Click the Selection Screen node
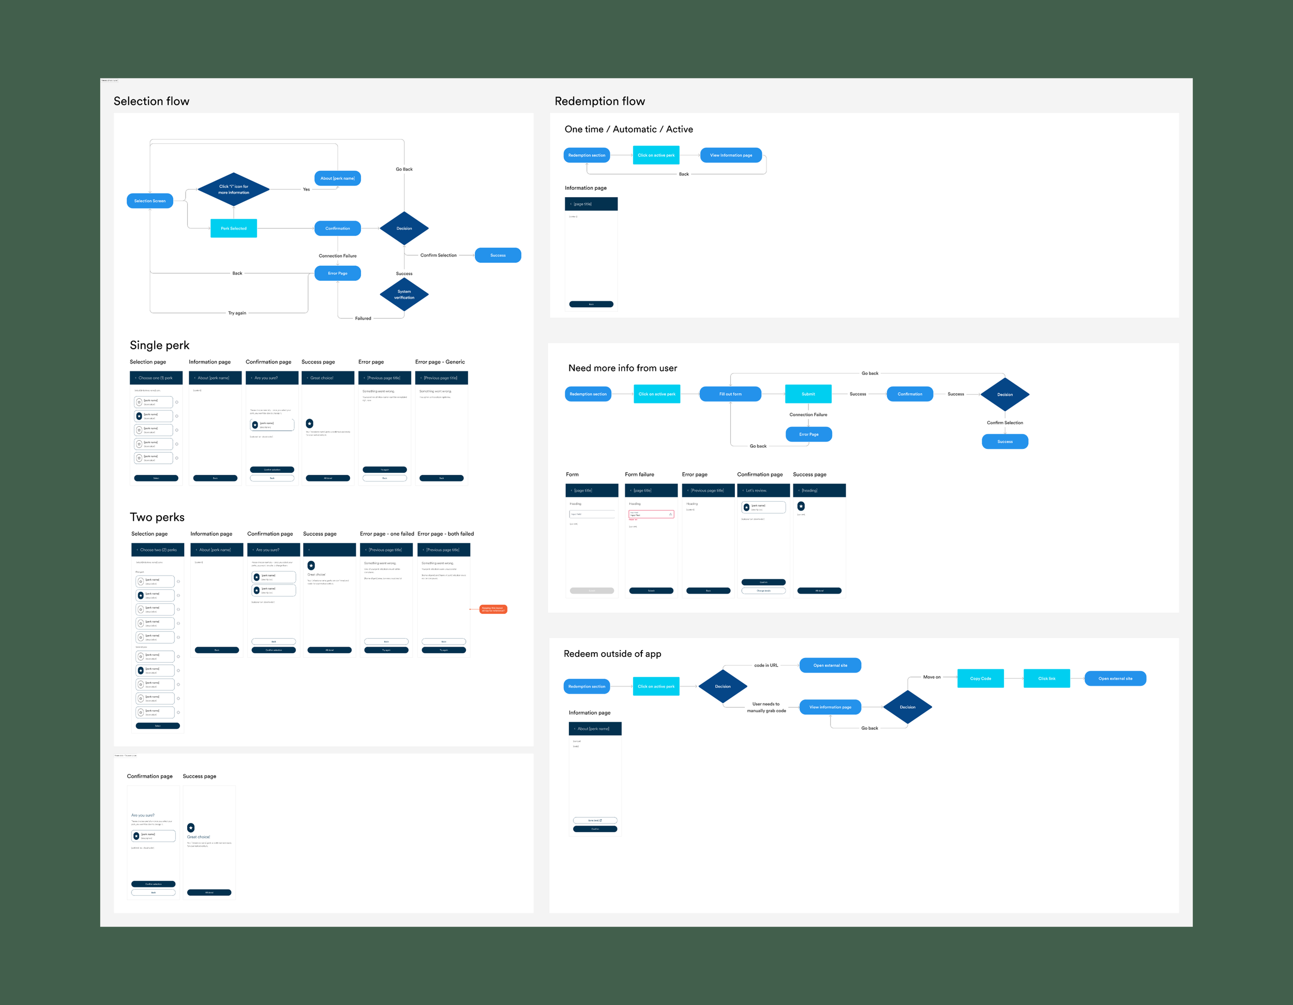click(x=150, y=201)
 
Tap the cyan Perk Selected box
click(x=234, y=228)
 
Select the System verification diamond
click(x=404, y=294)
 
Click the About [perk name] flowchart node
click(x=337, y=178)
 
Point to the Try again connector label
click(x=237, y=313)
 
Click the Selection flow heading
click(x=152, y=101)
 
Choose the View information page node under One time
click(x=731, y=155)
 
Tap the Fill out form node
click(x=730, y=394)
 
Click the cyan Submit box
click(x=808, y=394)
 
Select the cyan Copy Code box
click(x=981, y=678)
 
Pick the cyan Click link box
click(x=1046, y=678)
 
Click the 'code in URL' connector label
click(x=766, y=665)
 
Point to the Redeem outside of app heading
click(x=612, y=654)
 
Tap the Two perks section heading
click(x=157, y=517)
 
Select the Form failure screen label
click(x=639, y=474)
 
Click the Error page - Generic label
click(x=440, y=362)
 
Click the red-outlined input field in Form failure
click(x=651, y=514)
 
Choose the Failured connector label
click(x=363, y=318)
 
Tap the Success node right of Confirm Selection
click(x=498, y=255)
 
